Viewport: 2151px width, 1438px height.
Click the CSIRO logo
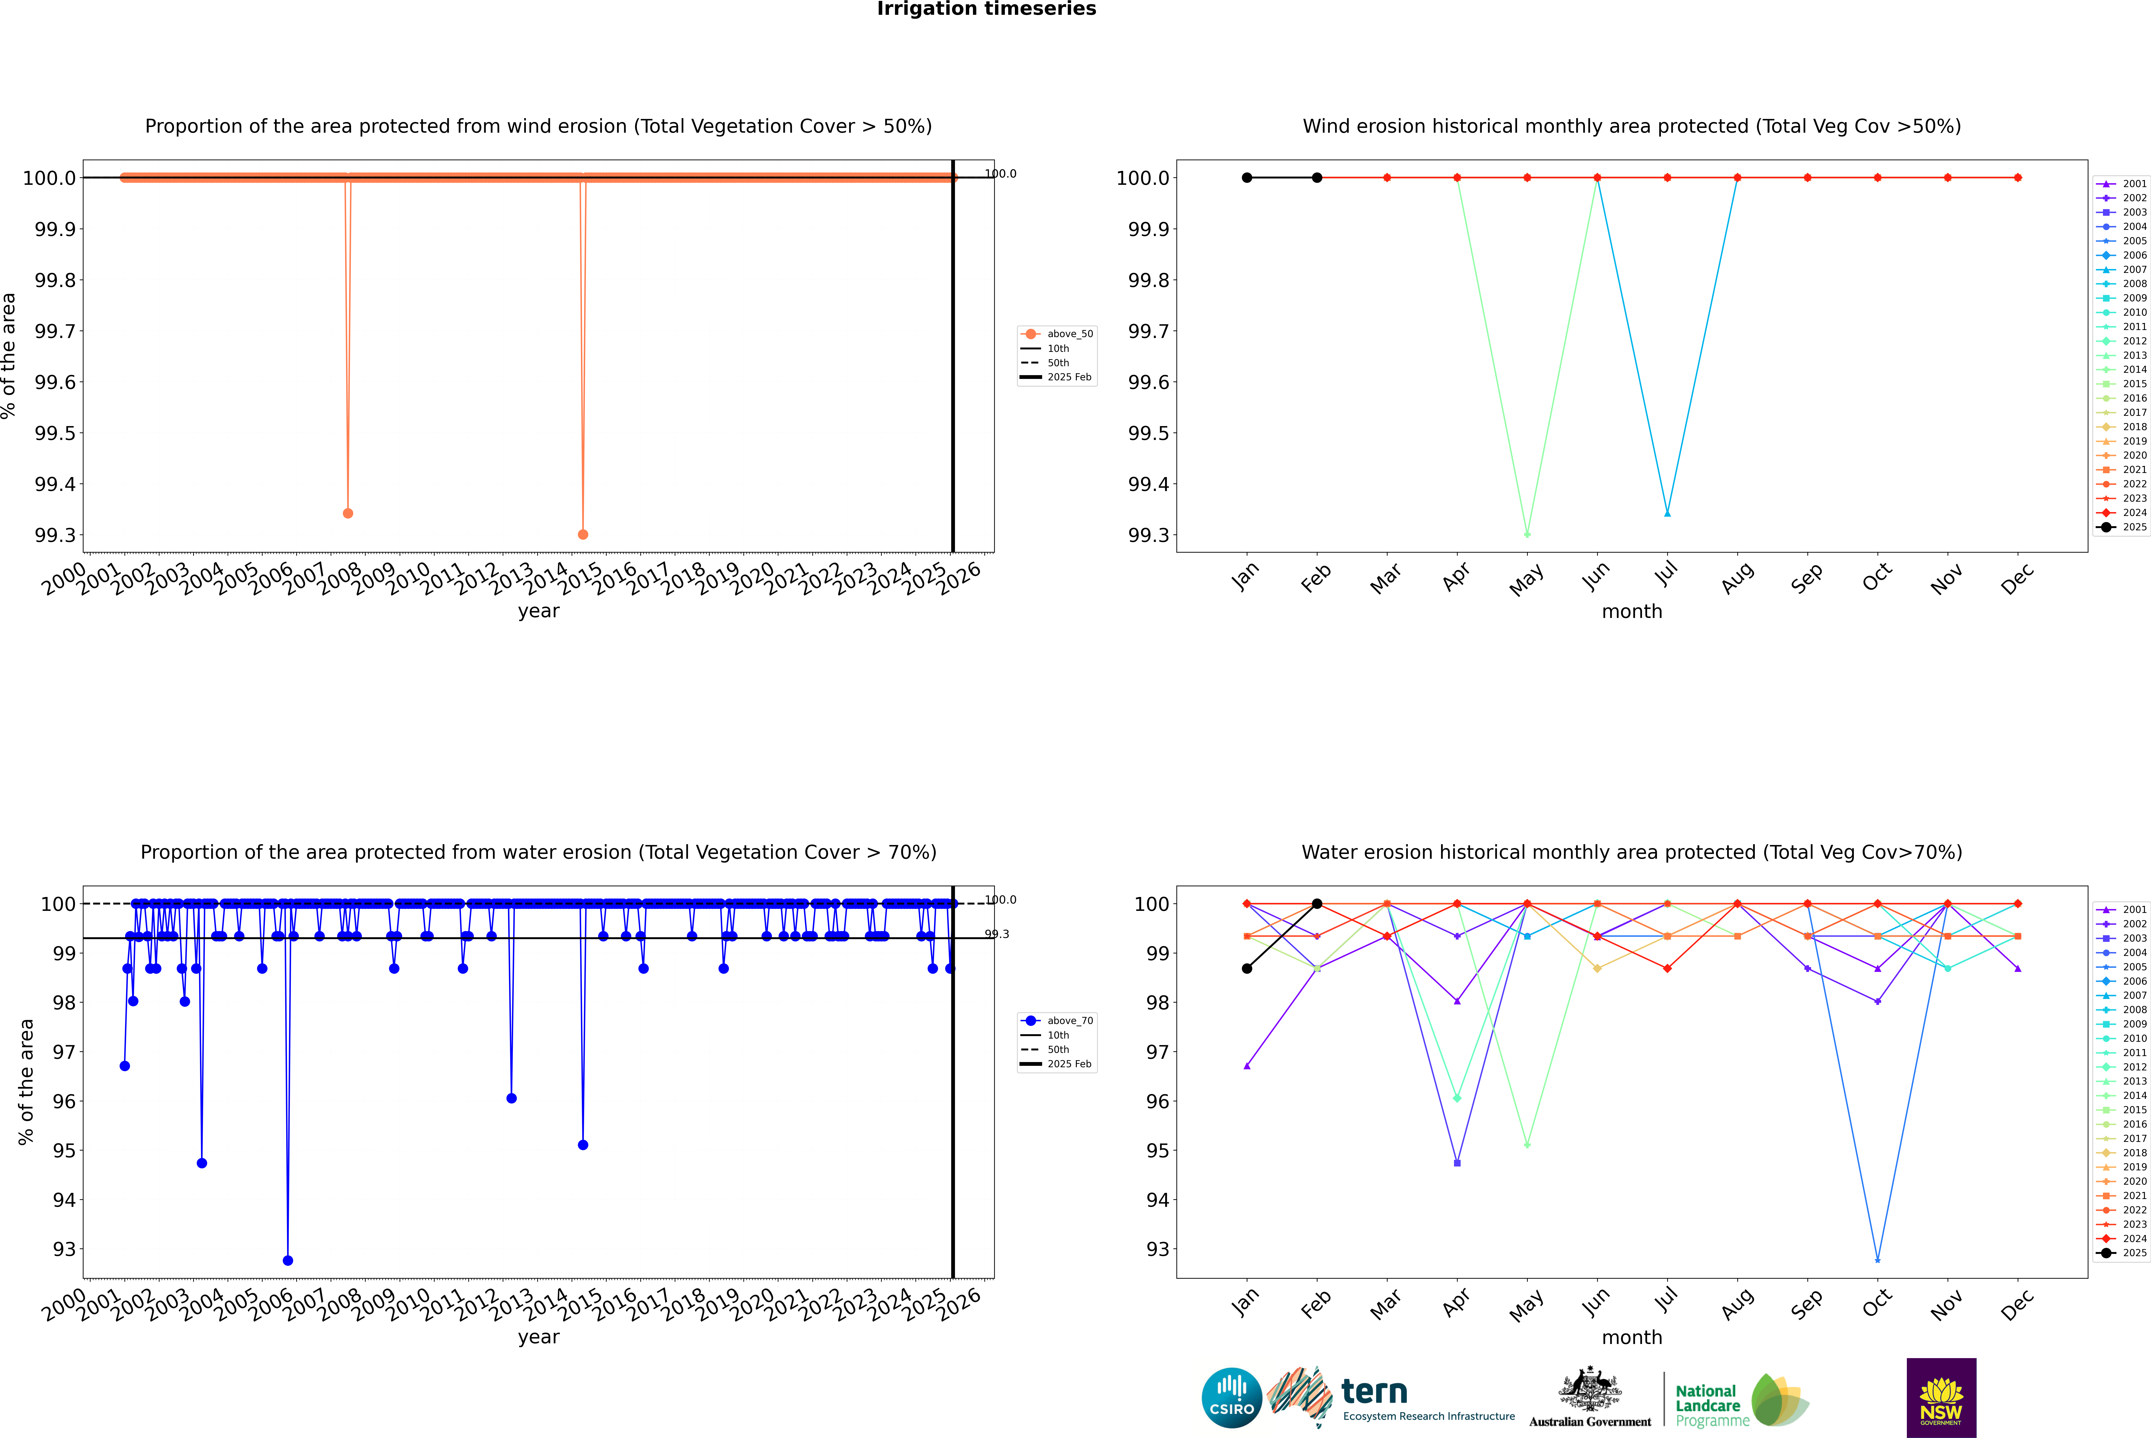1231,1398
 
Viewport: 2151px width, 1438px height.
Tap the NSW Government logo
1941,1398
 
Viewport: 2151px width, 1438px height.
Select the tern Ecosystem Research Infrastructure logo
1391,1398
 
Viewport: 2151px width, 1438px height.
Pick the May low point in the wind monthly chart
1527,534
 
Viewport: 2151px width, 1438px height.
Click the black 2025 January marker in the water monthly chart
1247,968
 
